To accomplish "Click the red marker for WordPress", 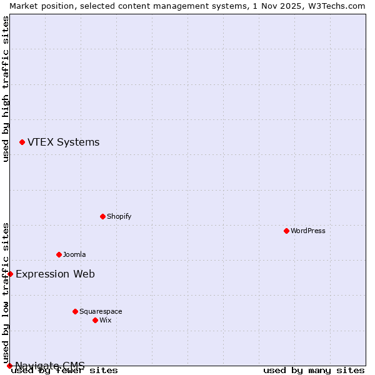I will tap(286, 231).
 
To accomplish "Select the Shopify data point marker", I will tap(102, 216).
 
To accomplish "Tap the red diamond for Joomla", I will tap(59, 254).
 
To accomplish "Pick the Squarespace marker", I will tap(75, 311).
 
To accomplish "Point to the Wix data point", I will tap(95, 320).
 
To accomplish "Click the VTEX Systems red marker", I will tap(22, 142).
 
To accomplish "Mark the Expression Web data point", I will tap(10, 274).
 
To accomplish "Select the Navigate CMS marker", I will tap(9, 366).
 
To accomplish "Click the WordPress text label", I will tap(308, 231).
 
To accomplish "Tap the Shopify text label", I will tap(119, 216).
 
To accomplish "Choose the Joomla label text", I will tap(74, 254).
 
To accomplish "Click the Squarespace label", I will tap(101, 311).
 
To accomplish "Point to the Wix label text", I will tap(106, 320).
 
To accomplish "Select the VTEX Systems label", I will tap(63, 142).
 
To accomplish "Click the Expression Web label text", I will tap(55, 274).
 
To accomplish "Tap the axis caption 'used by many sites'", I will tap(314, 371).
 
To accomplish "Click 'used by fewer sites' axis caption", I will tap(64, 371).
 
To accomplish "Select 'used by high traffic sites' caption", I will tap(6, 89).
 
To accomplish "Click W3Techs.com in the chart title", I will tap(340, 6).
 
